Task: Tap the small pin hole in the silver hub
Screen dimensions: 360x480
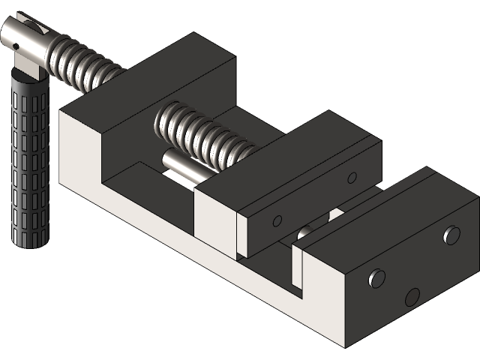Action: point(16,46)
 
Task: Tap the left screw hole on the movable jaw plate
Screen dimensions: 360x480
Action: point(277,220)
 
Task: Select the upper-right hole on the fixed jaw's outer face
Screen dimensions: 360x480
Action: point(451,235)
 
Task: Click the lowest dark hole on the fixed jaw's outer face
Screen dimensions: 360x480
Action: point(412,297)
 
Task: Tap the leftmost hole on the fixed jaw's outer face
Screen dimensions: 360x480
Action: point(376,280)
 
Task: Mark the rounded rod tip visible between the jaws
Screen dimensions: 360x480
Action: point(304,233)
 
